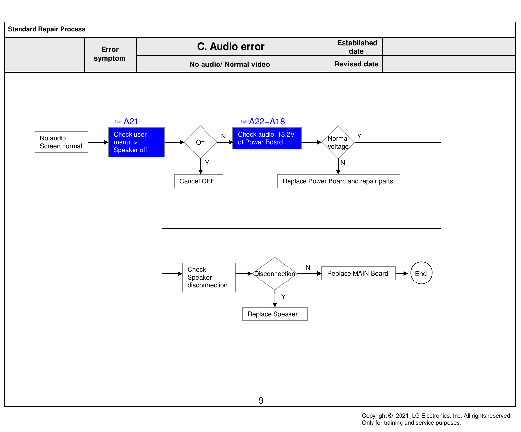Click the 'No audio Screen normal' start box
click(x=61, y=142)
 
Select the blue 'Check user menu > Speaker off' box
click(x=136, y=142)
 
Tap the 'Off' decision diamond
click(x=200, y=142)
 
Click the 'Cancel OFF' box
click(x=199, y=181)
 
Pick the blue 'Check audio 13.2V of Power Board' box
click(x=267, y=138)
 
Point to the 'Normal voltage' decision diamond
click(x=338, y=142)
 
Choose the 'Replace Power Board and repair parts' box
click(x=338, y=181)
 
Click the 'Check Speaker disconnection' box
click(x=209, y=277)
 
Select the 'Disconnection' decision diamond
click(x=275, y=274)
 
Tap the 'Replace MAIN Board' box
click(x=359, y=273)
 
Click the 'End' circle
click(x=421, y=273)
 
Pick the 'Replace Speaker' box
click(x=275, y=314)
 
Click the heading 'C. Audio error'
click(x=231, y=47)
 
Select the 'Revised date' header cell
click(x=357, y=64)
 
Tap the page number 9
click(x=261, y=401)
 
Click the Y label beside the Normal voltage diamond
click(x=359, y=136)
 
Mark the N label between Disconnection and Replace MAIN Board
click(x=308, y=267)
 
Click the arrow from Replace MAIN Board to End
click(x=402, y=274)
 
